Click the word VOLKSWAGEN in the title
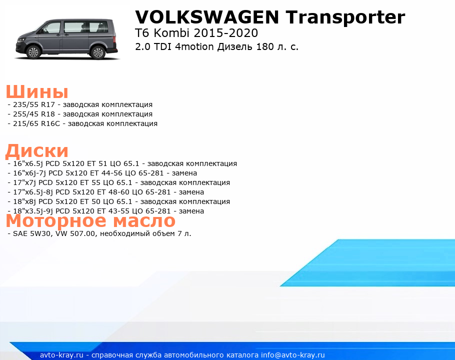point(207,17)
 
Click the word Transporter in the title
point(345,17)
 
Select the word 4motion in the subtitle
point(194,46)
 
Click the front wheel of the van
point(33,52)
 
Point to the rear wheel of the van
point(98,52)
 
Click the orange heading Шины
point(37,91)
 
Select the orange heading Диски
point(37,151)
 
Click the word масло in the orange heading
point(144,221)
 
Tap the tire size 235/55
point(25,104)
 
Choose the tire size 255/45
point(25,114)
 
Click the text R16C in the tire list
point(50,124)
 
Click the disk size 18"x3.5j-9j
point(33,211)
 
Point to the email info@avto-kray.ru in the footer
point(293,355)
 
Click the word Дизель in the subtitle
point(235,47)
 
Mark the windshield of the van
point(43,28)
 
